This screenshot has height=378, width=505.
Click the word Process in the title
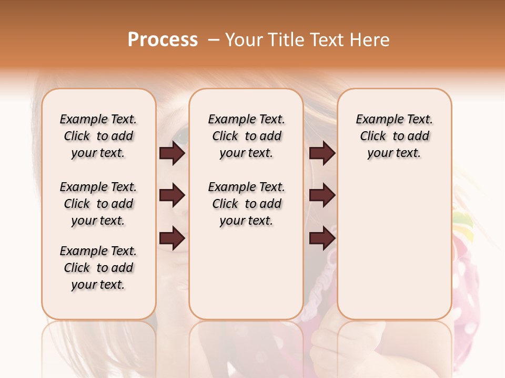point(163,40)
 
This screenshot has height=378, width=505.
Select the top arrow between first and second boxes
point(172,153)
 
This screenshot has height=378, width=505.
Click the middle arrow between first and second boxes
point(172,196)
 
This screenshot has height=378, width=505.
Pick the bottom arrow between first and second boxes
point(172,238)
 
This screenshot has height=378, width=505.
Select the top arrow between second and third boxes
point(322,153)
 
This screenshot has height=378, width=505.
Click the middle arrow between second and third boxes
point(322,196)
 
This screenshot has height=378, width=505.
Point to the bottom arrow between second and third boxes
point(322,238)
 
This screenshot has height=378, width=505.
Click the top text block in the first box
point(98,136)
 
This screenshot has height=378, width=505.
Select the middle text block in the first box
point(98,204)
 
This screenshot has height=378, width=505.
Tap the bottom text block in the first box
point(98,268)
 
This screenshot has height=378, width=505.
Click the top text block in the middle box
point(247,136)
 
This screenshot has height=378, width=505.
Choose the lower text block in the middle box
point(247,204)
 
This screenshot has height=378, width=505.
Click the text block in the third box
point(395,136)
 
